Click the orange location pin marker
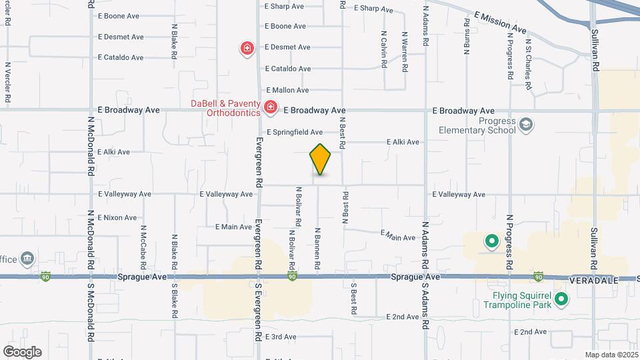(x=321, y=159)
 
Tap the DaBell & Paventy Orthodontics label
(x=225, y=108)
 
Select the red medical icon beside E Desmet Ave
(x=247, y=49)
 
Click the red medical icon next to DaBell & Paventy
(x=270, y=107)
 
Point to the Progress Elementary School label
(x=477, y=125)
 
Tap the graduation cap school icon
(x=527, y=125)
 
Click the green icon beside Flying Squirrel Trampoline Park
(x=561, y=300)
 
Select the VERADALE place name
(x=595, y=281)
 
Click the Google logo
(x=22, y=351)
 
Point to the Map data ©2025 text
(x=611, y=355)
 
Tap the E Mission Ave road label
(x=500, y=23)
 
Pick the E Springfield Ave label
(x=295, y=133)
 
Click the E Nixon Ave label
(x=117, y=217)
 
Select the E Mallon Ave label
(x=287, y=90)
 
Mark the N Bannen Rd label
(x=317, y=248)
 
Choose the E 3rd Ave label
(x=280, y=337)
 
